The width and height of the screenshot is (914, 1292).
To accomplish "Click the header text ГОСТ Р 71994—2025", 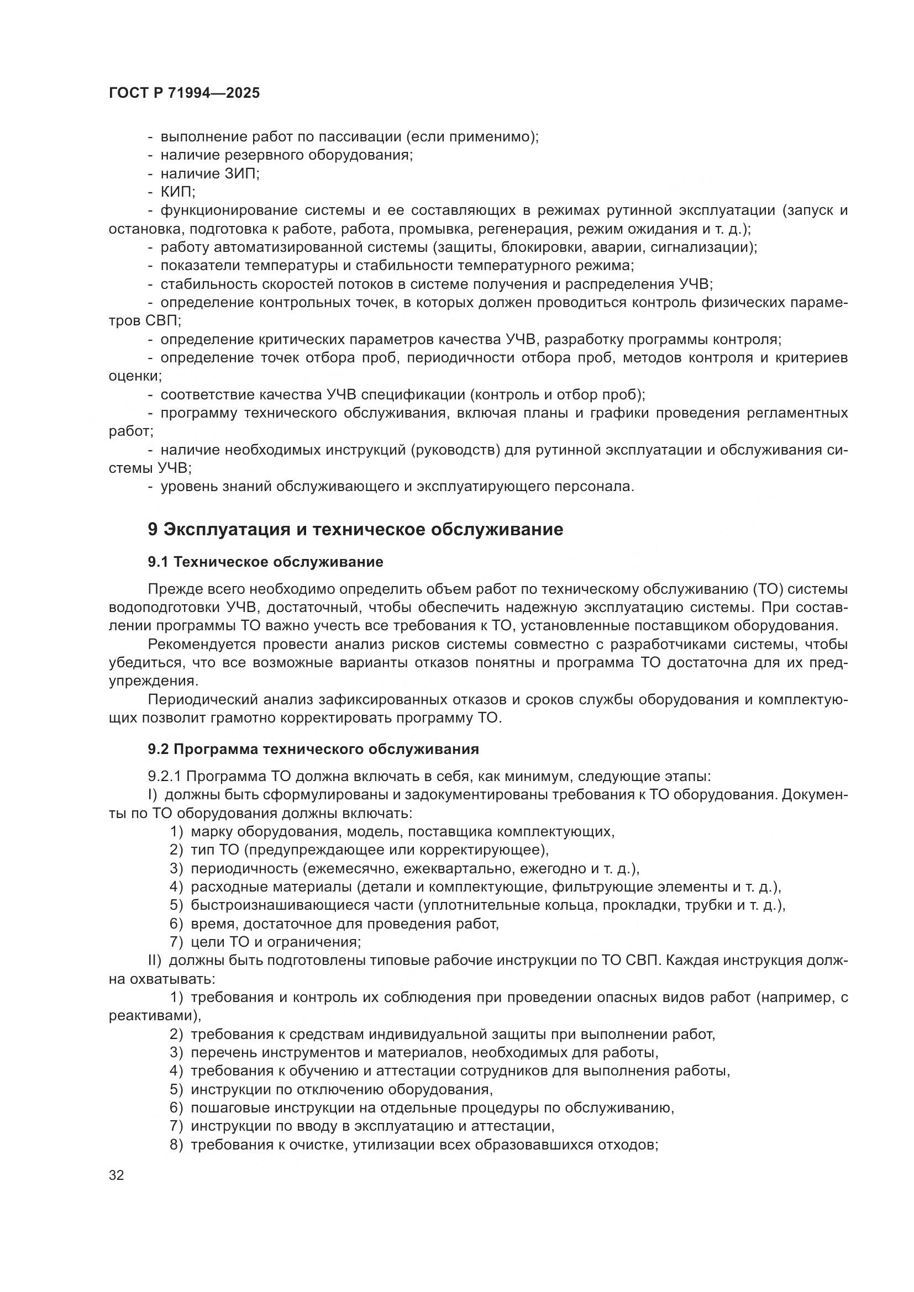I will coord(184,93).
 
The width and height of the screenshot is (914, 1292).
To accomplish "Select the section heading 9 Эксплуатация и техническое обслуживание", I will coord(355,530).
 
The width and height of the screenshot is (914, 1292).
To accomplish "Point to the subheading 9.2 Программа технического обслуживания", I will coord(313,749).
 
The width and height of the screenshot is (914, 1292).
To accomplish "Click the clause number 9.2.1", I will coord(164,777).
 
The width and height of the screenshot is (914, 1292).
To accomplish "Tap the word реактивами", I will coord(153,1016).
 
